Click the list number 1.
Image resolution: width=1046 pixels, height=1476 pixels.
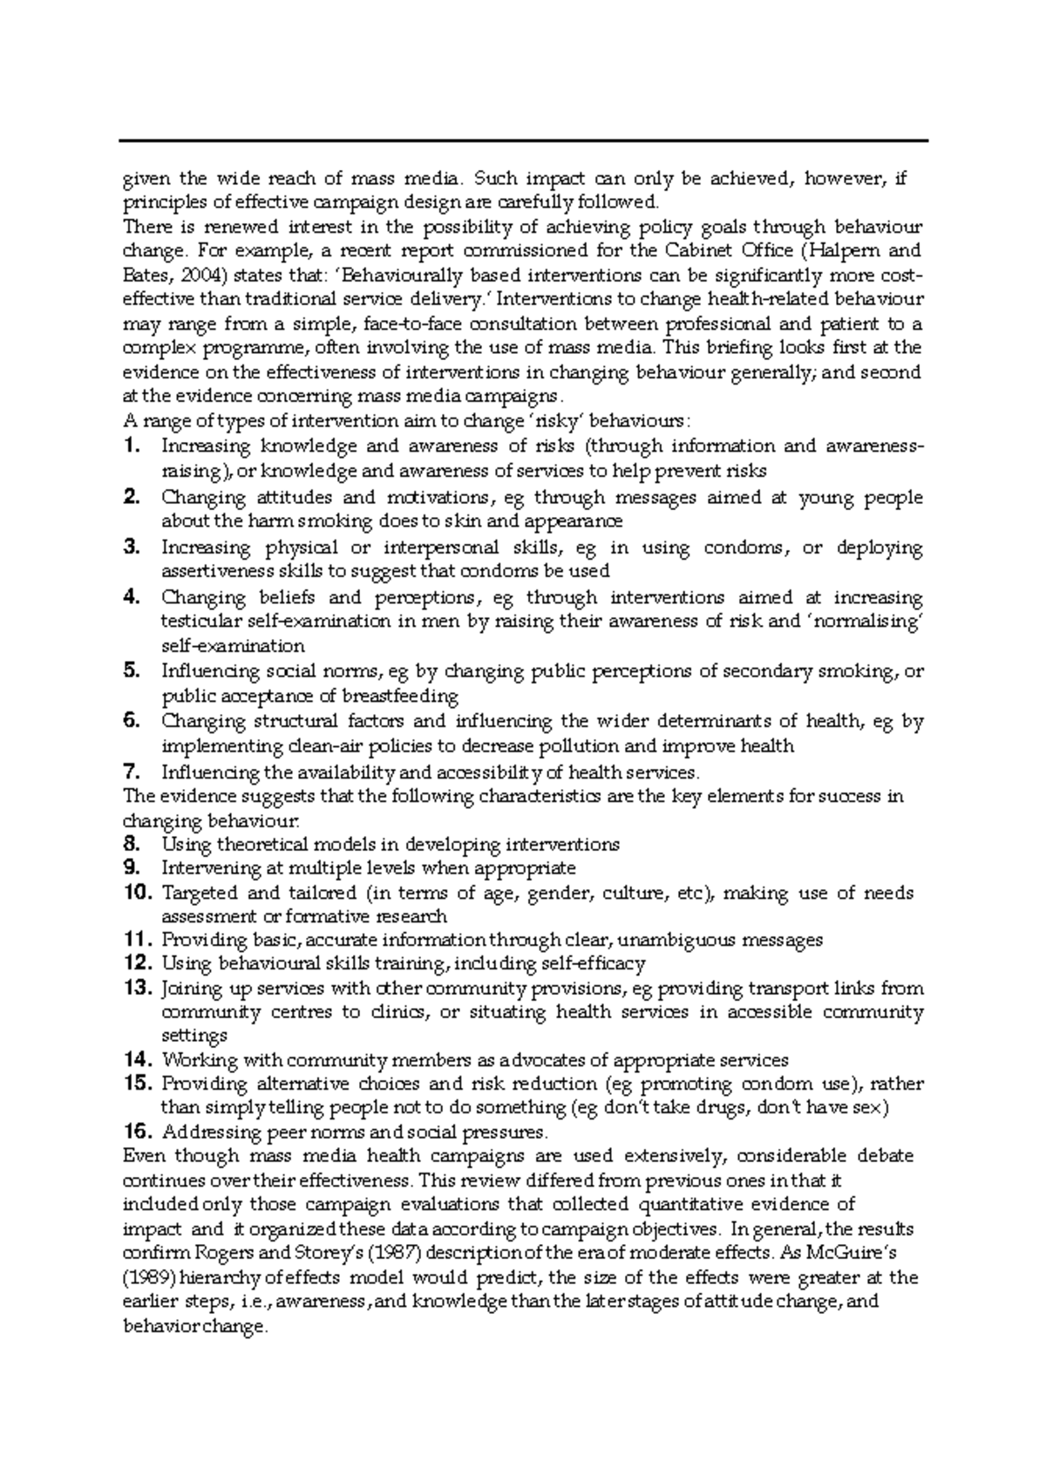click(x=132, y=446)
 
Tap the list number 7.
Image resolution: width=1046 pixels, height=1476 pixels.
click(x=132, y=772)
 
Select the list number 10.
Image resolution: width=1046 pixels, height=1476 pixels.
click(x=138, y=893)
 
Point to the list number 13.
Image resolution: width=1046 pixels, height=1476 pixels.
click(x=138, y=989)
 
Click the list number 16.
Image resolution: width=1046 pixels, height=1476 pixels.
click(x=138, y=1133)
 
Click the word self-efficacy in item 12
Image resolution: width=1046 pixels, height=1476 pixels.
click(x=594, y=964)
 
